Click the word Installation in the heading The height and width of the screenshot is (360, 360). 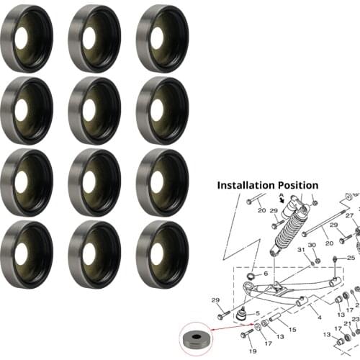click(x=246, y=186)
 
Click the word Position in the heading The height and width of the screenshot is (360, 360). click(x=298, y=186)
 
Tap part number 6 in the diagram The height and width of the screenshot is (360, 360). click(x=266, y=274)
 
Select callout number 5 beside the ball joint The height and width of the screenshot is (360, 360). click(x=258, y=313)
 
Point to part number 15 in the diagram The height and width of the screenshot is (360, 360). click(x=292, y=330)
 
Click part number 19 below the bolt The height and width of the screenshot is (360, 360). click(x=253, y=351)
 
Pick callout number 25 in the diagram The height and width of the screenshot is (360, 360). click(x=351, y=258)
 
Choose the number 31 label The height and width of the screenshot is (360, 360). click(x=301, y=250)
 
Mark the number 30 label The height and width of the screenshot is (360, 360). click(x=312, y=245)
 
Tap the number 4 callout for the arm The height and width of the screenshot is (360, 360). click(x=320, y=318)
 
